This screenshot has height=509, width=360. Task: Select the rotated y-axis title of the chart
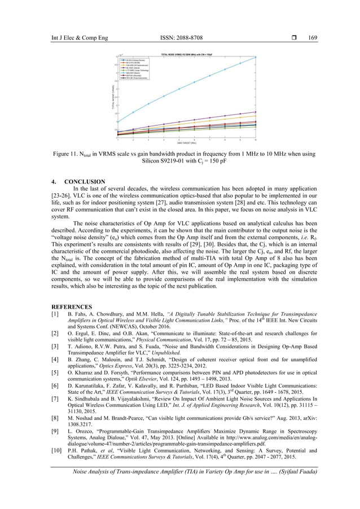coord(113,98)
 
